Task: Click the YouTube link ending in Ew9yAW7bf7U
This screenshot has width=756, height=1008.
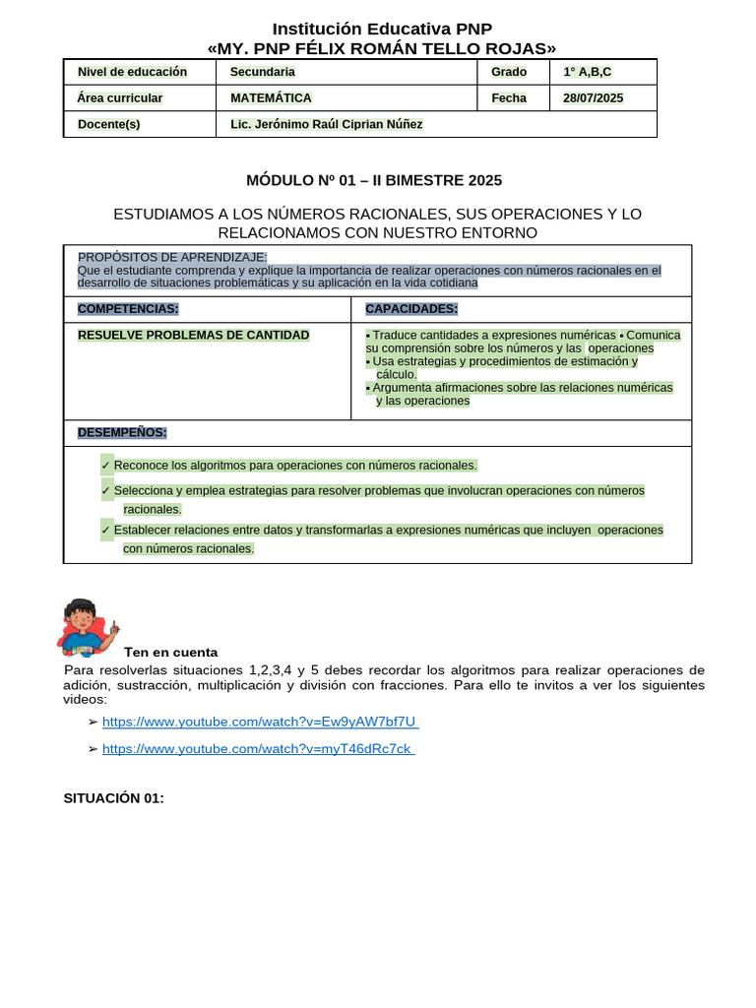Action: [260, 722]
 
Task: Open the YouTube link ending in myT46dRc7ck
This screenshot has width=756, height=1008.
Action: [257, 748]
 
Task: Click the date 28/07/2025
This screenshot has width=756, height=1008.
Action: [593, 97]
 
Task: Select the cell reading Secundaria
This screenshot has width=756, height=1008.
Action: [262, 72]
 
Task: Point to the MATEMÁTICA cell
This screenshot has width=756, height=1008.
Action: [271, 97]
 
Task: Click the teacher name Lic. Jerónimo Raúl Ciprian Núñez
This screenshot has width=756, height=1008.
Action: [326, 124]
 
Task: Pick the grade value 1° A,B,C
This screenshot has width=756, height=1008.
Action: [587, 72]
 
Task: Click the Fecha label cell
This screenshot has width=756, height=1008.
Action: [509, 97]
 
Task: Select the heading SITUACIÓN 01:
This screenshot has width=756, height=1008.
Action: [113, 798]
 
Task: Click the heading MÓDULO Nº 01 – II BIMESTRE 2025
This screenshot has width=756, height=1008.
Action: [374, 180]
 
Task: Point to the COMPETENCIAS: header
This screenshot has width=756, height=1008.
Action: [128, 308]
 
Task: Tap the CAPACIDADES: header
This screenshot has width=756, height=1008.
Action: [411, 308]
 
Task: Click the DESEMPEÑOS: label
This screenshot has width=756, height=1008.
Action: [122, 432]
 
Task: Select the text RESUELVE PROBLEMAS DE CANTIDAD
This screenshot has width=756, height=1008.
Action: [193, 335]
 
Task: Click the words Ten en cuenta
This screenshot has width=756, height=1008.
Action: [170, 652]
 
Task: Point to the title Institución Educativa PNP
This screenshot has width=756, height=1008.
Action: [382, 29]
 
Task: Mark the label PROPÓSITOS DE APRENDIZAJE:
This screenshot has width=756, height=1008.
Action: [172, 257]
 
